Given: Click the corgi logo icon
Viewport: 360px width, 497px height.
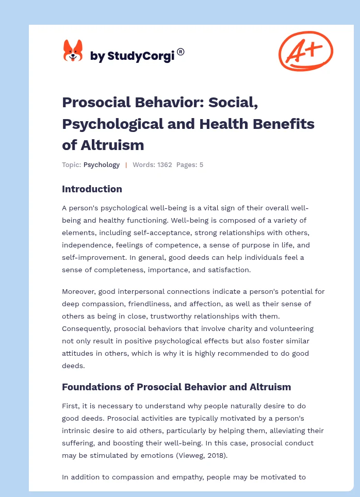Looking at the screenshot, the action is tap(73, 51).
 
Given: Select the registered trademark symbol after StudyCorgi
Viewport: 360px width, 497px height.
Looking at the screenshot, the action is tap(181, 52).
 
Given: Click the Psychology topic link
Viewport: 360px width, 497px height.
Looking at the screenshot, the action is tap(102, 165).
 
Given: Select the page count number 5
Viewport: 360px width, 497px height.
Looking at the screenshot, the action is tap(201, 165).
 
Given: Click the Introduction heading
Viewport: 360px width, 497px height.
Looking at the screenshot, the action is tap(92, 189).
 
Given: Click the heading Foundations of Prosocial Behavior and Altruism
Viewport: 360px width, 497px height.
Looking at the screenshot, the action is tap(176, 387).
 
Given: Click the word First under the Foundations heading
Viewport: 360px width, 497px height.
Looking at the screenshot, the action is tap(70, 405).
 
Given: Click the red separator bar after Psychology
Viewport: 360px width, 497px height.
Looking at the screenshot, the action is tap(126, 165).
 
